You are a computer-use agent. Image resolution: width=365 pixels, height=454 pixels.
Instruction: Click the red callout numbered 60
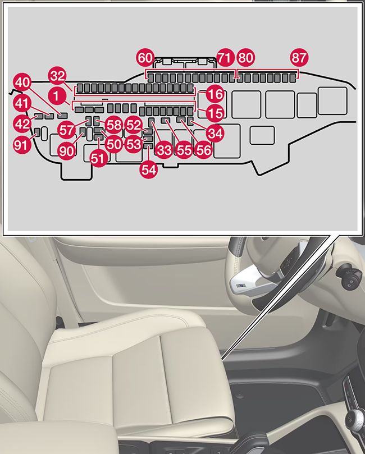[145, 58]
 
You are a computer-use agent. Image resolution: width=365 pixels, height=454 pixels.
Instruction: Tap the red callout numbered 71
[225, 58]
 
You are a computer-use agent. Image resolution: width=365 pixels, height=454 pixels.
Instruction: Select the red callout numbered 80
[245, 58]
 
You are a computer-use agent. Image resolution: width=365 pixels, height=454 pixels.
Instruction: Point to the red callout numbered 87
[299, 58]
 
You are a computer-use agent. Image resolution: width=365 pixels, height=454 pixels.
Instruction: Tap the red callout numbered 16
[215, 93]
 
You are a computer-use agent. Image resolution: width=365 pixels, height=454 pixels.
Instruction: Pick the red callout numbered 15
[215, 112]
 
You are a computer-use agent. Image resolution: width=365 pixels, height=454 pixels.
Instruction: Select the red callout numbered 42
[22, 123]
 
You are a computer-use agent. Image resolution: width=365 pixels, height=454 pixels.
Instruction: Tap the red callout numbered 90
[66, 150]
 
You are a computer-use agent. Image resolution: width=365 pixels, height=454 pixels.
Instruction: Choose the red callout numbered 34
[215, 133]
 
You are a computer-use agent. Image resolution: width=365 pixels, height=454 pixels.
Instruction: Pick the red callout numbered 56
[204, 150]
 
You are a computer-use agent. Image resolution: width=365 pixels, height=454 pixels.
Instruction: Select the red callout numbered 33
[163, 150]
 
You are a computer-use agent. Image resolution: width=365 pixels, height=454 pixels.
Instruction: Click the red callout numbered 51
[98, 159]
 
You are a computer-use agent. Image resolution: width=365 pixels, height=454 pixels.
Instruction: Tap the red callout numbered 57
[67, 130]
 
